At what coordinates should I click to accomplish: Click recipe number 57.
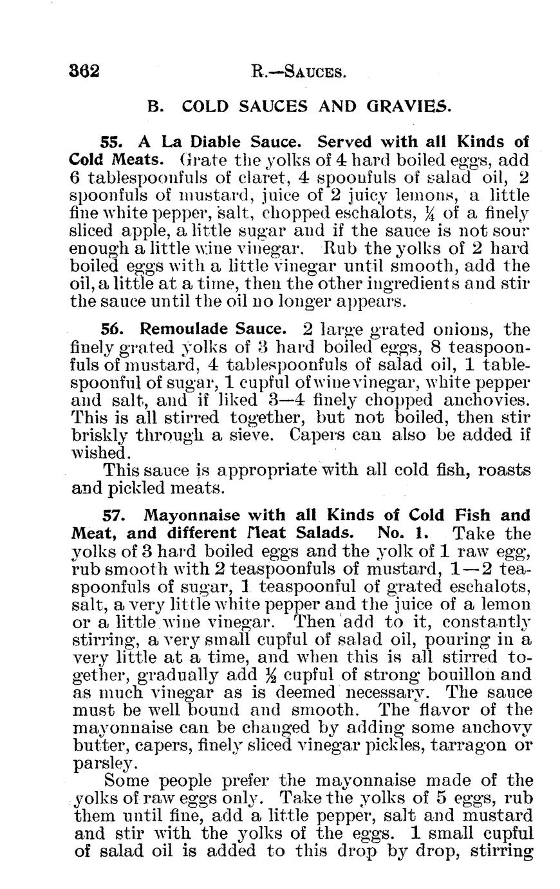(x=115, y=516)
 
